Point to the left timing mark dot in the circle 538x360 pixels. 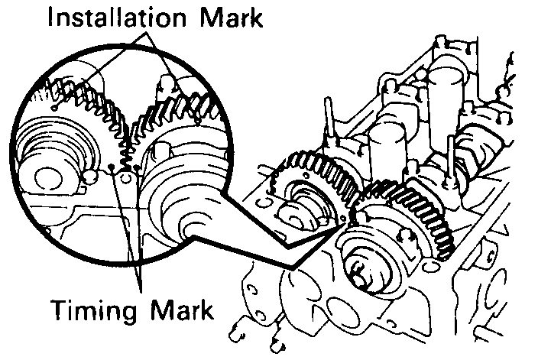tap(114, 165)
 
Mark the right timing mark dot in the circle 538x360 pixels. tap(135, 167)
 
